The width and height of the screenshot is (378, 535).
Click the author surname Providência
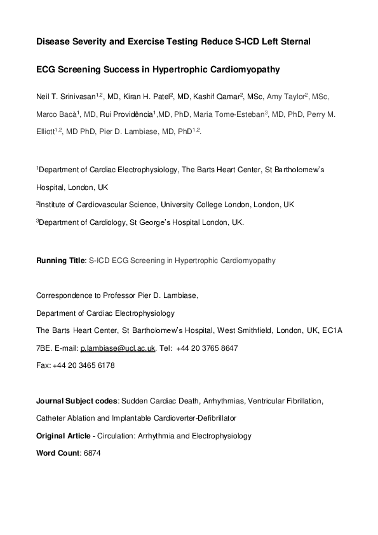coord(125,115)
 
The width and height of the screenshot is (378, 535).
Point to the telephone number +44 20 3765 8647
coord(208,349)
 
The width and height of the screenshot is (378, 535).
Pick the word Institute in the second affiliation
coord(55,205)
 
